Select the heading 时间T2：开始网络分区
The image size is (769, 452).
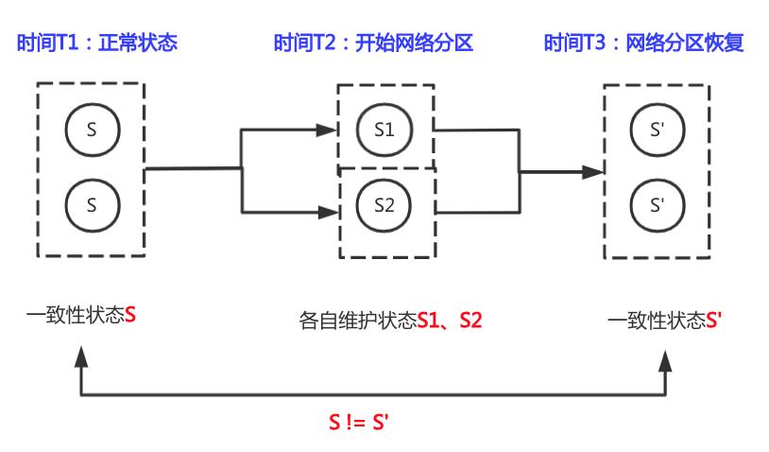coord(373,43)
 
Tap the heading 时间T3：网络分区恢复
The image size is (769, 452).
coord(643,43)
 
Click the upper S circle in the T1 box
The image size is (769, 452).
coord(91,127)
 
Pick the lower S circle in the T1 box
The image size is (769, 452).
coord(91,203)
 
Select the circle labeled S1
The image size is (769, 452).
coord(385,127)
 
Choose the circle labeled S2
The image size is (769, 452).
coord(385,203)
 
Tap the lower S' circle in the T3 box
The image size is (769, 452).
coord(658,203)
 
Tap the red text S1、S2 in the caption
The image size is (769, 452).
coord(450,321)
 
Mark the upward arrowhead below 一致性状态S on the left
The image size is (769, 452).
coord(83,357)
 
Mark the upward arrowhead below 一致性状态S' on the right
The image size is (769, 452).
coord(667,357)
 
